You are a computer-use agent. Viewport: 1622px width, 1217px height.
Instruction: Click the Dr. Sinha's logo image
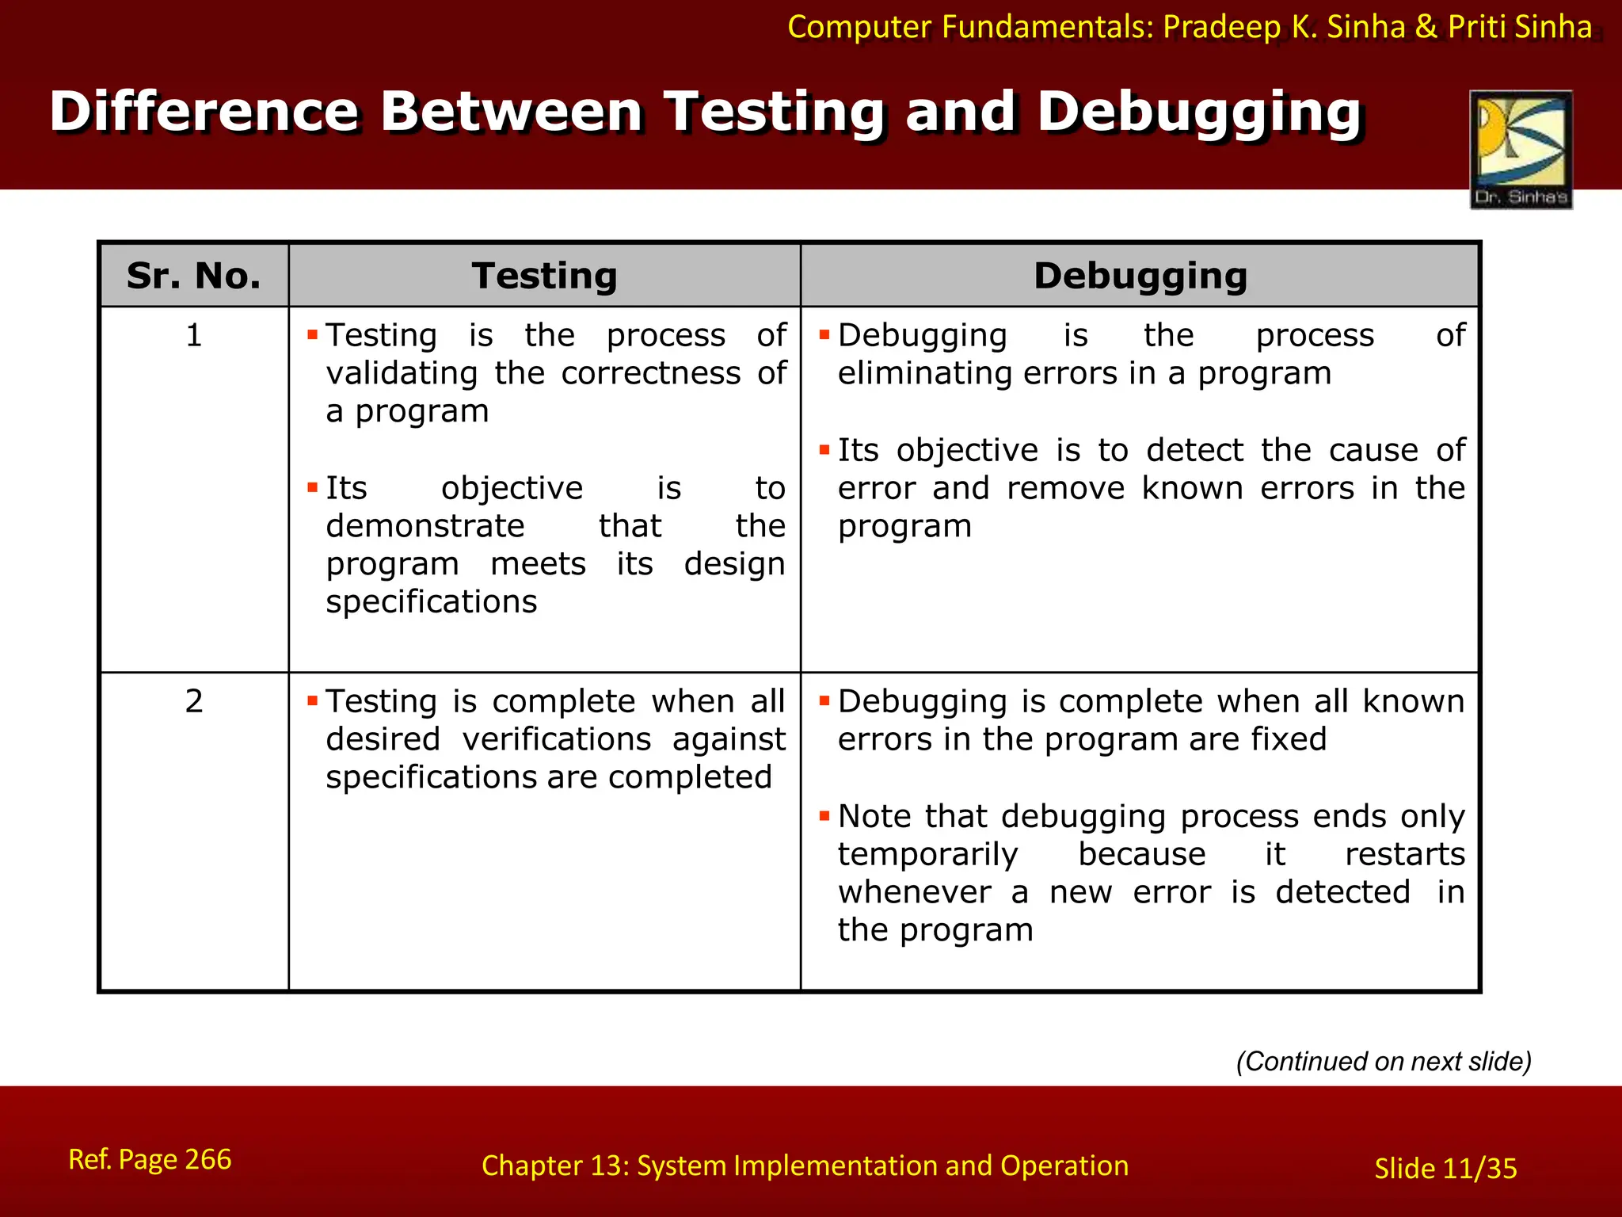[x=1521, y=149]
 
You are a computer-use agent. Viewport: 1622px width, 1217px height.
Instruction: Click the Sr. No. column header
[x=193, y=276]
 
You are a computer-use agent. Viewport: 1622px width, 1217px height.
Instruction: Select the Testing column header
[x=544, y=276]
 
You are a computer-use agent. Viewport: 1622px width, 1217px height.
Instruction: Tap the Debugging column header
[x=1140, y=276]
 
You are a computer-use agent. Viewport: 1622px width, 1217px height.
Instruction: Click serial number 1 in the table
[x=194, y=335]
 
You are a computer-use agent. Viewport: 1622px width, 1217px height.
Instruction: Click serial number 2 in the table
[x=194, y=701]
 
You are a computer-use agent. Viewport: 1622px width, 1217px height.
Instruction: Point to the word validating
[x=402, y=373]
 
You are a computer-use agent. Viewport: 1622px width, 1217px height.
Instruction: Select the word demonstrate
[x=425, y=526]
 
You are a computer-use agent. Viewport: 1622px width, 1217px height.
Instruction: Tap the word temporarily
[x=927, y=854]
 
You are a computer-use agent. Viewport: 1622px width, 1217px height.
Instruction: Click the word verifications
[x=556, y=739]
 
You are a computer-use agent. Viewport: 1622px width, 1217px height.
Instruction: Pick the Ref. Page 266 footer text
[x=150, y=1159]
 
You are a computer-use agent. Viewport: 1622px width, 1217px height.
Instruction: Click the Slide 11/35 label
[x=1445, y=1169]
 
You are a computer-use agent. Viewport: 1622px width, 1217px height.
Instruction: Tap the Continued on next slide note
[x=1384, y=1061]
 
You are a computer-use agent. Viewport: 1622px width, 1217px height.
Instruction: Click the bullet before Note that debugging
[x=824, y=815]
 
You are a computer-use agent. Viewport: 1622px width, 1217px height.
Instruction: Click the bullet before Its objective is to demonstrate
[x=312, y=486]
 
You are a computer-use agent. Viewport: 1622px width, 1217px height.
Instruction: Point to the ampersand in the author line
[x=1426, y=27]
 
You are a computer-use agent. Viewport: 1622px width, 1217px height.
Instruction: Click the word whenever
[x=914, y=892]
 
